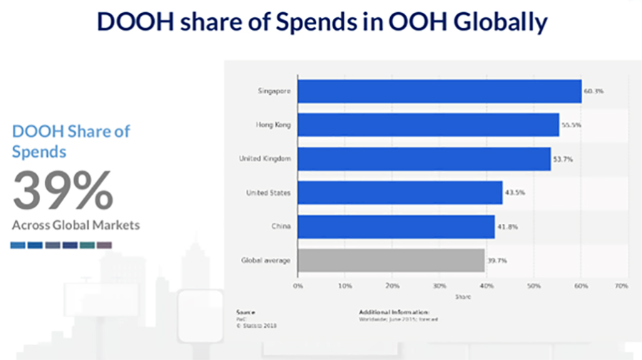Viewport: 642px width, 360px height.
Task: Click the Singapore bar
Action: tap(439, 91)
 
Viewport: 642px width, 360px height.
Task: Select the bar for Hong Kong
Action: tap(428, 125)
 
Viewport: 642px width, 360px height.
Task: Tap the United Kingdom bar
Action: tap(424, 158)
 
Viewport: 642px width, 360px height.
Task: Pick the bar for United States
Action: tap(399, 192)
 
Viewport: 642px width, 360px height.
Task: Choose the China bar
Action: tap(396, 227)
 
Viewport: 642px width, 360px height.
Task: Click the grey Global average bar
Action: tap(391, 260)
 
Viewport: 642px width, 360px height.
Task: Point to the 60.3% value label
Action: tap(594, 91)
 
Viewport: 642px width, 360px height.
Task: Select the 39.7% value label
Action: tap(497, 260)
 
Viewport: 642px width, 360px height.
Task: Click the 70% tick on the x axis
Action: tap(621, 285)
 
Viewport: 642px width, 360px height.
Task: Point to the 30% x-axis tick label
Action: tap(439, 285)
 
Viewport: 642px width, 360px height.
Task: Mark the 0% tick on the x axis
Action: tap(298, 285)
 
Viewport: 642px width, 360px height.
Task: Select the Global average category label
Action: tap(265, 260)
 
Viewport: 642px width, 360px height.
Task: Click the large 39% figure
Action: tap(63, 191)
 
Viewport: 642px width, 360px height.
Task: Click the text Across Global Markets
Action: tap(76, 225)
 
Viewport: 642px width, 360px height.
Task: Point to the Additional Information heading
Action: tap(394, 312)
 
